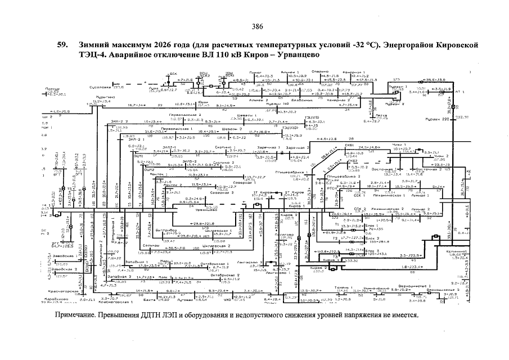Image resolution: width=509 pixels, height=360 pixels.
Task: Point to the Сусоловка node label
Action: pyautogui.click(x=100, y=87)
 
